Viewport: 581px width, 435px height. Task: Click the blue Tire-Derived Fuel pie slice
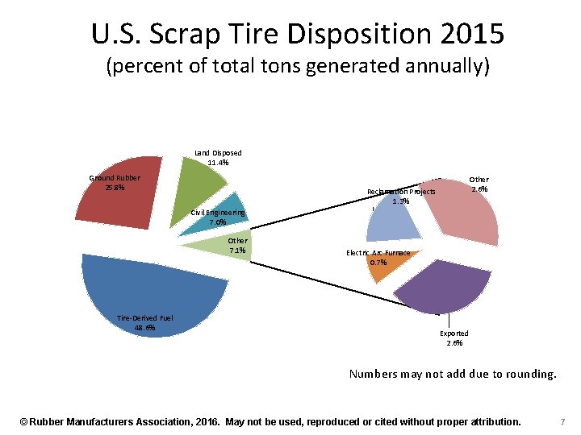tap(153, 290)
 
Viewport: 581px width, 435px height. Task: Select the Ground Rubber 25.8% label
tap(115, 183)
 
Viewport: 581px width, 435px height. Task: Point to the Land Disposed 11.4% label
tap(218, 157)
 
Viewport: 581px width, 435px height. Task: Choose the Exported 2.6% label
tap(454, 338)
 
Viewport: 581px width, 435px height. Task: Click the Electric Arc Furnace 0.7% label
tap(378, 258)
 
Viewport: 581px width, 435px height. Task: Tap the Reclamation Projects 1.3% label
tap(401, 196)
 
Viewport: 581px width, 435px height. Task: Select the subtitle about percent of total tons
tap(298, 67)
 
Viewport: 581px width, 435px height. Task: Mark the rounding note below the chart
tap(453, 374)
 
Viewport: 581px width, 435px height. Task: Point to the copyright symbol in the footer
tap(24, 421)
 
